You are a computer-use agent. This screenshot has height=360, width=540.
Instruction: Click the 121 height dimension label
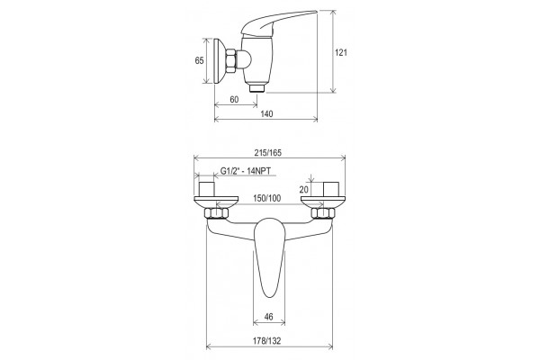[x=341, y=52]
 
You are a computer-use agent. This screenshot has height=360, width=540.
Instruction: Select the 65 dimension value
[x=200, y=60]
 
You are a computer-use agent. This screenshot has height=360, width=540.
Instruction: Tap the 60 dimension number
[x=234, y=100]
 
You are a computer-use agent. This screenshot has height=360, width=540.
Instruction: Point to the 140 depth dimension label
[x=267, y=113]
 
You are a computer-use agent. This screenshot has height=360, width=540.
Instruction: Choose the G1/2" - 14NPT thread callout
[x=246, y=171]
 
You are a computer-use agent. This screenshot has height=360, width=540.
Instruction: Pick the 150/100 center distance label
[x=267, y=198]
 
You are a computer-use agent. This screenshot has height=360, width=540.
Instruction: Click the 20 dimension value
[x=303, y=190]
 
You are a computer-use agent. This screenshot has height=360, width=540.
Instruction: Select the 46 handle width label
[x=269, y=316]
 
